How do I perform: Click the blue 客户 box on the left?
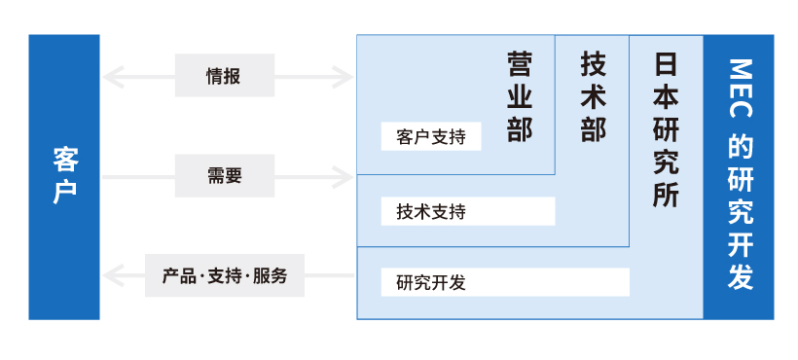point(64,177)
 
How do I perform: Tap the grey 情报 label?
point(224,75)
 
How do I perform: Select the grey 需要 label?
point(224,176)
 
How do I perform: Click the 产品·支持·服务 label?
point(224,275)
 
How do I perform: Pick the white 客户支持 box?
point(431,136)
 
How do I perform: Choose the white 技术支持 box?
point(455,210)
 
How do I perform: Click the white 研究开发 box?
point(505,282)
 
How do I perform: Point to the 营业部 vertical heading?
point(520,97)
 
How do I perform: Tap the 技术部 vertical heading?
point(593,97)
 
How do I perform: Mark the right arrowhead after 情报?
point(345,75)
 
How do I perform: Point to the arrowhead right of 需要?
point(345,176)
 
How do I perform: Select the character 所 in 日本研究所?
point(666,193)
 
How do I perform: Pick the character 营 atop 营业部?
point(520,65)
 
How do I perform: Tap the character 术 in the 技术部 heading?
point(593,97)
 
